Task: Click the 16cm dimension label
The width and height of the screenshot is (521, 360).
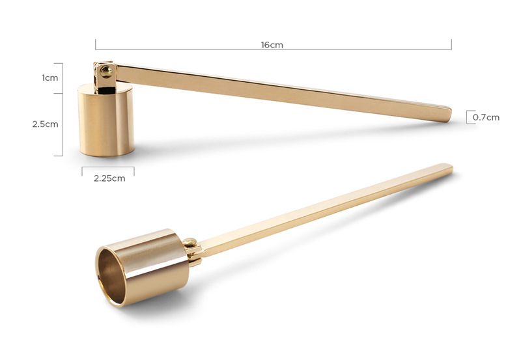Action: click(x=272, y=45)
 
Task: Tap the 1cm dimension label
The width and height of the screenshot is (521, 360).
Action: click(x=50, y=77)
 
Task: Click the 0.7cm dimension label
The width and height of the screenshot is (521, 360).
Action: click(x=486, y=117)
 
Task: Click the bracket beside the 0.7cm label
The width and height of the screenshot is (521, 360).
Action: click(x=468, y=117)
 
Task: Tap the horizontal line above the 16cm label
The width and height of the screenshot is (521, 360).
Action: click(x=274, y=49)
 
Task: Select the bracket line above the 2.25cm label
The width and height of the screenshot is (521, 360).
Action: click(x=108, y=168)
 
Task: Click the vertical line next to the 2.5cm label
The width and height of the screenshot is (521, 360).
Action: click(x=63, y=124)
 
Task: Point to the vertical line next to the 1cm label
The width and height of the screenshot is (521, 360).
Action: click(x=63, y=77)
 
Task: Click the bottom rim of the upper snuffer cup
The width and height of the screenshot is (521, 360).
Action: click(x=106, y=154)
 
